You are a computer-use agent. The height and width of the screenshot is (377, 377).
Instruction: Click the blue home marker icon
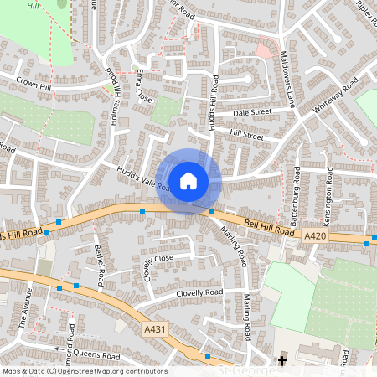[x=188, y=180]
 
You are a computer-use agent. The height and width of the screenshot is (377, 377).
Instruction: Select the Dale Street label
[x=252, y=111]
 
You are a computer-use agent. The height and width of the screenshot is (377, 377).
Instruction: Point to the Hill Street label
[x=246, y=135]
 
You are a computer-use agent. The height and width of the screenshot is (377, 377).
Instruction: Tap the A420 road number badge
[x=315, y=237]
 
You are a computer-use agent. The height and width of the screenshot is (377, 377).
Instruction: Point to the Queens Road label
[x=97, y=355]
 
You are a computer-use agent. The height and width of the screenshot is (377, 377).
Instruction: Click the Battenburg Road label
[x=296, y=199]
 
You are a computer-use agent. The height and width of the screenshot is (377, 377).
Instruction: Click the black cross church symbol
[x=282, y=361]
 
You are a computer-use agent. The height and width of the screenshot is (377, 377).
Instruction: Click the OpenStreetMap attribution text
[x=85, y=371]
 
